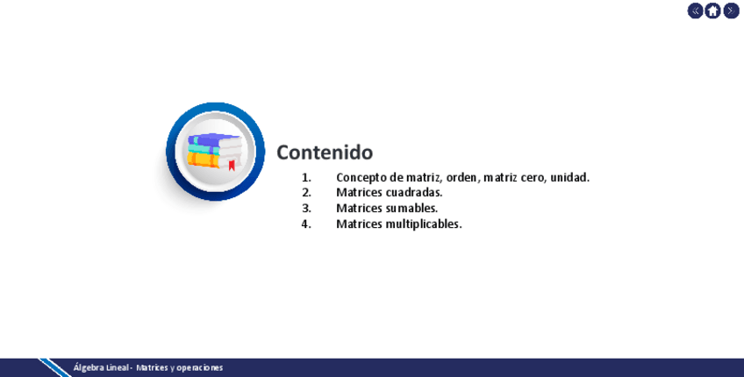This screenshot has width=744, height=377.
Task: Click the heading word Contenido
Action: (325, 153)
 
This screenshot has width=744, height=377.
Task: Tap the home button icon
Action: (712, 11)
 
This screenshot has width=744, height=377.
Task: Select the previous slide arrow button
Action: (695, 11)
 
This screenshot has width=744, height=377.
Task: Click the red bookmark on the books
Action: (232, 166)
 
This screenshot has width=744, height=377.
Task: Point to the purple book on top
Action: (214, 140)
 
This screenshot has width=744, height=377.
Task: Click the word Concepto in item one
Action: (361, 178)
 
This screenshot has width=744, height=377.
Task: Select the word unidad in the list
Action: (570, 177)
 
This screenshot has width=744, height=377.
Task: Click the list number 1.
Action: (306, 178)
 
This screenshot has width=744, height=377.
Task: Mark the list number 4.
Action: (306, 224)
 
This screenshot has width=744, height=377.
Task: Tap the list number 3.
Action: (306, 208)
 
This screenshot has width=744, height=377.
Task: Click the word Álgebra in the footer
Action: (85, 367)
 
